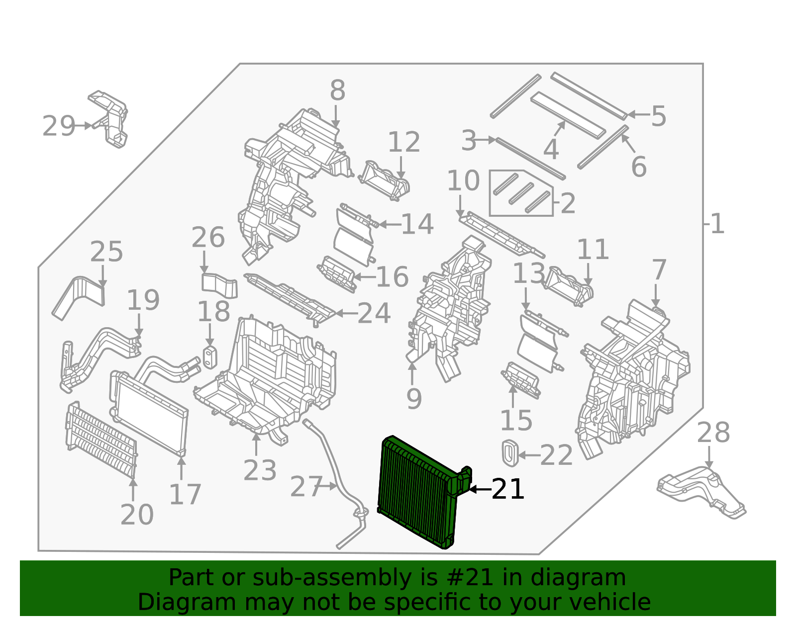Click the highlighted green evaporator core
(418, 492)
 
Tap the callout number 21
(507, 490)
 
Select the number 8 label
(337, 91)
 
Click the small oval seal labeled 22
(510, 452)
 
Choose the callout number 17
(185, 495)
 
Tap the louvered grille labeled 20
(102, 442)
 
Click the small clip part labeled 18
(210, 357)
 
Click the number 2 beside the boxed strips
(568, 204)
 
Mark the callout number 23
(260, 470)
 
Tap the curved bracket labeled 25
(80, 296)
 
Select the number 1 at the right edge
(717, 224)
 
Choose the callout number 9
(414, 399)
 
